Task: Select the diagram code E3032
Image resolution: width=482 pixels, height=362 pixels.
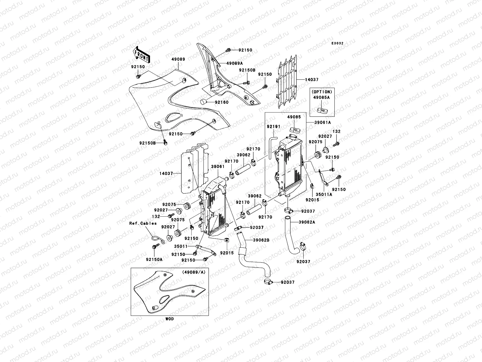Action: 337,43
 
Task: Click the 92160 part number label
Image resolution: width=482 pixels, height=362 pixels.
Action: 222,102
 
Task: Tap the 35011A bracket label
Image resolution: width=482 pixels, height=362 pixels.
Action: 324,195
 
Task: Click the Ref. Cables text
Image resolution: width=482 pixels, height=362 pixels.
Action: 143,224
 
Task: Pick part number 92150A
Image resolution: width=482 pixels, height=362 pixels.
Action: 154,259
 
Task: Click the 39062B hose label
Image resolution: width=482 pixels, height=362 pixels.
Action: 261,240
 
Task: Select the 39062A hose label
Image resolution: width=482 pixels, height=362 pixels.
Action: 307,222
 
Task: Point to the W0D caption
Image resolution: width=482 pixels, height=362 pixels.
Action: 170,319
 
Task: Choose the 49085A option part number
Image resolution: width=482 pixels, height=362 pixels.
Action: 321,97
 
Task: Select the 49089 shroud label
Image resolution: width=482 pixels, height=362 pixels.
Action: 178,59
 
